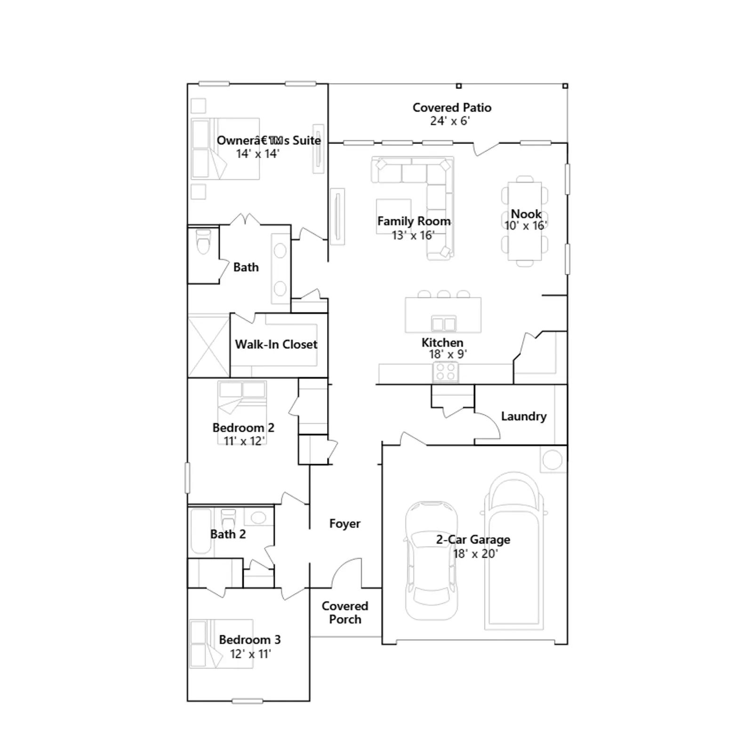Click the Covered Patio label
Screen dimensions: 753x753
(452, 108)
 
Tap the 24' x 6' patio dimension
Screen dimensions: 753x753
(450, 121)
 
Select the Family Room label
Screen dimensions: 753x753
(414, 221)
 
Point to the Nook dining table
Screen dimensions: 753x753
(525, 221)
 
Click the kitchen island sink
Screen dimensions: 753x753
(443, 324)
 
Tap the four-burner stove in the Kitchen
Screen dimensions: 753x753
(445, 372)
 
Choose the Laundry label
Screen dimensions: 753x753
(524, 417)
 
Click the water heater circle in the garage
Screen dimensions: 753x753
(553, 460)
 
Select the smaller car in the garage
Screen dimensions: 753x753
(432, 560)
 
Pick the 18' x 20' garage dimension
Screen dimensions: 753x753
(475, 554)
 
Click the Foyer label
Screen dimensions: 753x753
(344, 524)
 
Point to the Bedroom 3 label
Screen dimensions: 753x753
(250, 640)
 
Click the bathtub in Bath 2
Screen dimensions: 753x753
(201, 531)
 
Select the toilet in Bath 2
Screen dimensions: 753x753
(228, 520)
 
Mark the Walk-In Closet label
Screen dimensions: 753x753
(276, 344)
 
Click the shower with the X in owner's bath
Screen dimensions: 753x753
(208, 346)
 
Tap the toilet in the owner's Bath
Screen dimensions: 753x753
(204, 241)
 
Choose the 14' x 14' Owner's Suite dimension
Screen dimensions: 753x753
(257, 154)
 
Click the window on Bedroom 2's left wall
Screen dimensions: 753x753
(187, 478)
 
